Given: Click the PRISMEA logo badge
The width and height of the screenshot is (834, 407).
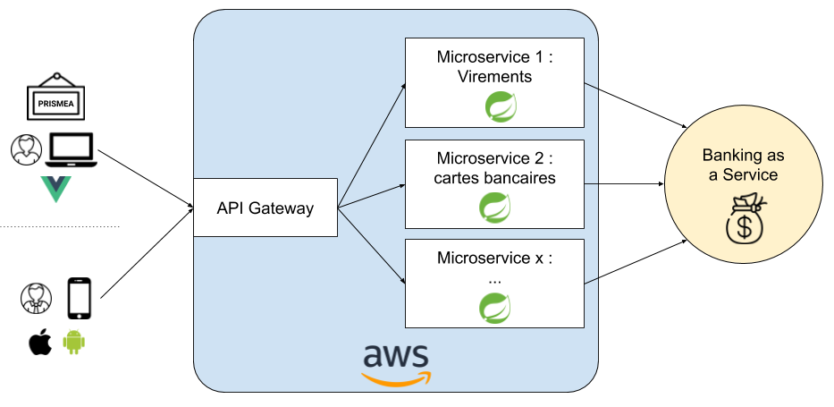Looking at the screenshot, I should [56, 104].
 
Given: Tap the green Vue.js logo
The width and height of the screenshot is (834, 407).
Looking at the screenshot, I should [55, 189].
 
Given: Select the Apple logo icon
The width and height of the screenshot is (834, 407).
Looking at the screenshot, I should [40, 342].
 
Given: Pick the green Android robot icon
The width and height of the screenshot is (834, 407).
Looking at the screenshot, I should [74, 341].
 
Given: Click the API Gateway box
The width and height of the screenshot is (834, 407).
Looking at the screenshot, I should [265, 208].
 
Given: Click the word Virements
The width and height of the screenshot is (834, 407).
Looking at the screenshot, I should [494, 77].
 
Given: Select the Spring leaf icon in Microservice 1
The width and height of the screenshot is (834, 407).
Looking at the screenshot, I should [500, 107].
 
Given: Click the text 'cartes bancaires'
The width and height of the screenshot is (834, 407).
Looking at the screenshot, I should [494, 178].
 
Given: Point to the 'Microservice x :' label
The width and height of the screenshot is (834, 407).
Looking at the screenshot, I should [494, 259].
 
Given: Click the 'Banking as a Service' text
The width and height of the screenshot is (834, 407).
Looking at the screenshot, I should [744, 165].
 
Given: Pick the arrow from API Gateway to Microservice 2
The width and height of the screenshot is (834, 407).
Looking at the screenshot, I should [372, 197].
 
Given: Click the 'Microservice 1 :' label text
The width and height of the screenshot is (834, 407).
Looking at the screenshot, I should [494, 57].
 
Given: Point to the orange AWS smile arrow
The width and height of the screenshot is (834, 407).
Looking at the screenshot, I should [396, 377].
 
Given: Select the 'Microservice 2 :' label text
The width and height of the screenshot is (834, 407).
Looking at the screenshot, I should [494, 158].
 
